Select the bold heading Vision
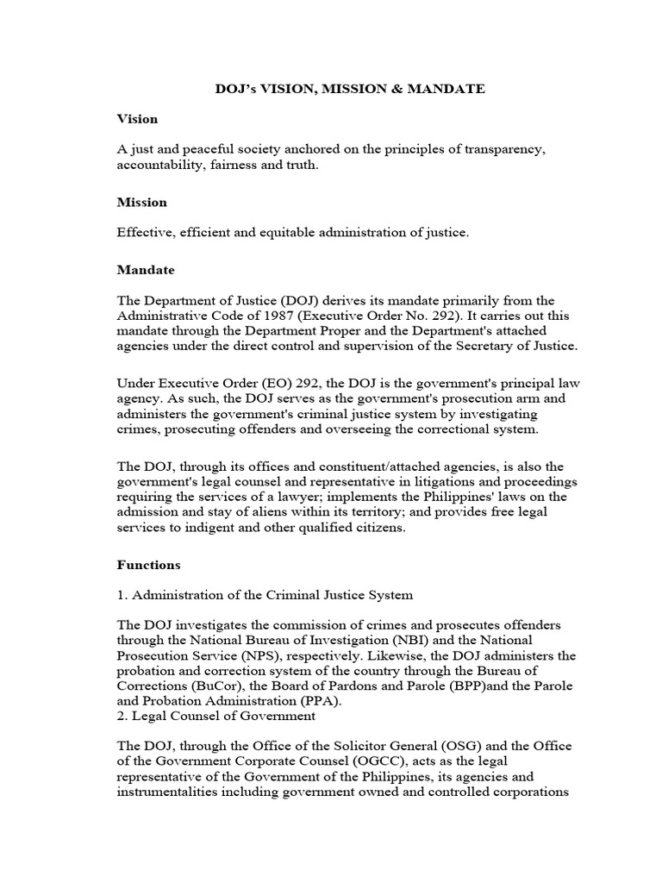pyautogui.click(x=137, y=118)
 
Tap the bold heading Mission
pyautogui.click(x=142, y=203)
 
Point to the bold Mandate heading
pyautogui.click(x=146, y=270)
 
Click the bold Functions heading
pyautogui.click(x=149, y=565)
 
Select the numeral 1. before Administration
pyautogui.click(x=122, y=594)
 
